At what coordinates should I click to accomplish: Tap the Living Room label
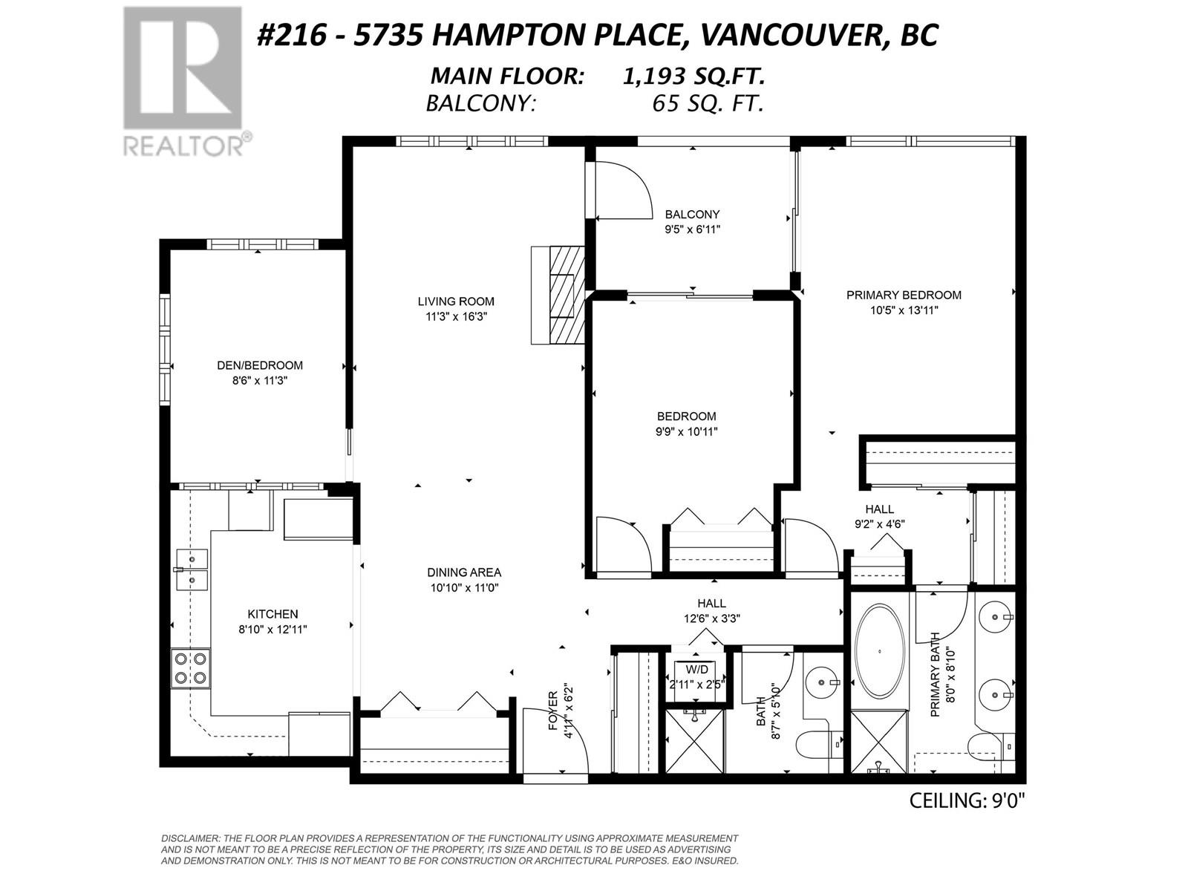[x=456, y=301]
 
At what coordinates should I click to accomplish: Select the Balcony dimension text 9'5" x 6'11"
[x=692, y=229]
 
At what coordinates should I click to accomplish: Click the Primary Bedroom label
[x=904, y=295]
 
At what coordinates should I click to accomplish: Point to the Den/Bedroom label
[x=260, y=365]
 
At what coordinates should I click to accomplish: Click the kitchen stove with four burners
[x=191, y=668]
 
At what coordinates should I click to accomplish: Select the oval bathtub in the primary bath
[x=880, y=651]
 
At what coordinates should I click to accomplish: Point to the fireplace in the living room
[x=558, y=295]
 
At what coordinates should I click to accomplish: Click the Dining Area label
[x=464, y=572]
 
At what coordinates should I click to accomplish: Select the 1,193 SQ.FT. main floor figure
[x=693, y=76]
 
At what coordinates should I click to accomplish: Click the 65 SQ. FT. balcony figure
[x=708, y=102]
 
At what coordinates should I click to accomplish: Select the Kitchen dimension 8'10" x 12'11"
[x=272, y=630]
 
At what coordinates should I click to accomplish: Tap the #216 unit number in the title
[x=292, y=35]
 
